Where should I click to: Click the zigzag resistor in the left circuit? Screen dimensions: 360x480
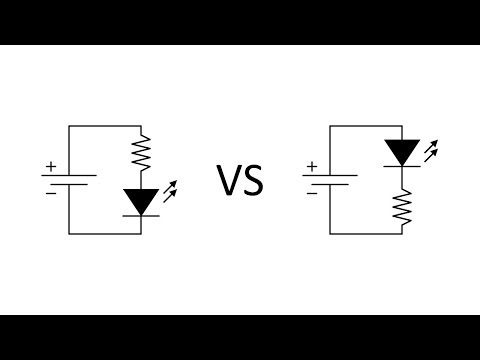[142, 152]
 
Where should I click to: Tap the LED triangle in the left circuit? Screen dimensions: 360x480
[142, 201]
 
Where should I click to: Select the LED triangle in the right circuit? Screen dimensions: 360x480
[403, 152]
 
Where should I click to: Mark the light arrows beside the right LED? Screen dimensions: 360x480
[430, 150]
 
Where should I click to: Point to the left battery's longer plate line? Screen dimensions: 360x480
[68, 175]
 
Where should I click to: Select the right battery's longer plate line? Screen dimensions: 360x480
[330, 175]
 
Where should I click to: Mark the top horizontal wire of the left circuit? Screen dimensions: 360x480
[105, 126]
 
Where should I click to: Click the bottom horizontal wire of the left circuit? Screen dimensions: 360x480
[105, 233]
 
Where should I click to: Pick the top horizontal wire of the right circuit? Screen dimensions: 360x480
[366, 126]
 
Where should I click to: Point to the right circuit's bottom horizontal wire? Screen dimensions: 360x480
[366, 233]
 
